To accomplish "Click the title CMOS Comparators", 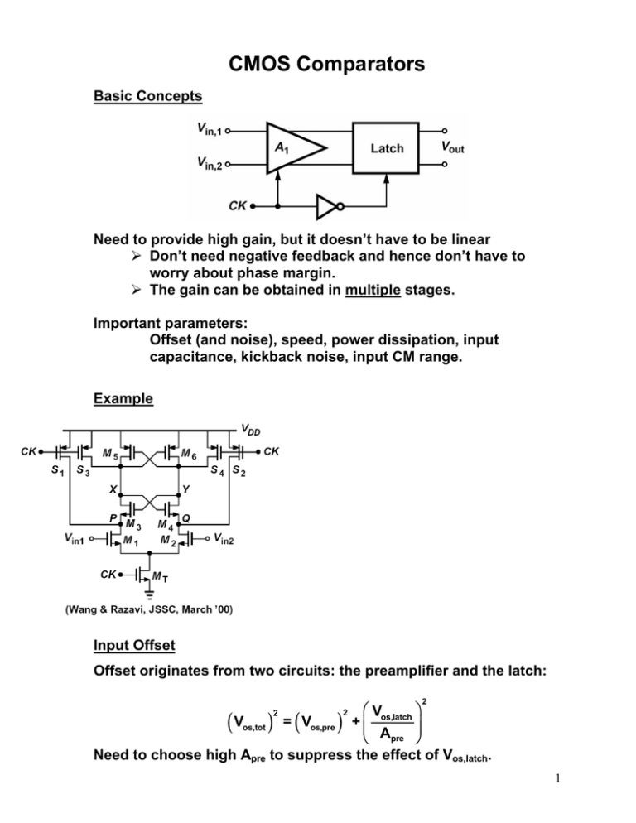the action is click(x=326, y=64).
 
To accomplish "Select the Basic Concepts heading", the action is click(x=147, y=96).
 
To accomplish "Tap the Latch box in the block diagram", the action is click(x=385, y=148).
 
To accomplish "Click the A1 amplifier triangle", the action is click(x=294, y=148).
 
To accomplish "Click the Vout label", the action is click(x=453, y=147).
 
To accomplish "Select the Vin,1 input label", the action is click(x=210, y=128).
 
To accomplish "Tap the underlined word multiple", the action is click(x=373, y=290).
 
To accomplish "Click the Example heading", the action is click(x=123, y=398).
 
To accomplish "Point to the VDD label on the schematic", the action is click(x=251, y=430).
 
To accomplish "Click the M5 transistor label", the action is click(x=110, y=454).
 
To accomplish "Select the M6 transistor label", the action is click(x=189, y=454).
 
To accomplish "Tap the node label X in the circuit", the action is click(x=113, y=489).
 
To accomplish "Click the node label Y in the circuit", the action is click(x=186, y=489).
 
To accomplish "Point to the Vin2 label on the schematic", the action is click(x=224, y=539).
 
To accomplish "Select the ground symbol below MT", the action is click(x=150, y=594).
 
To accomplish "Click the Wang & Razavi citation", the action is click(x=148, y=609).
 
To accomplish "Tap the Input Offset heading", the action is click(x=134, y=645).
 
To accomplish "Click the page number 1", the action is click(x=558, y=778).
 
